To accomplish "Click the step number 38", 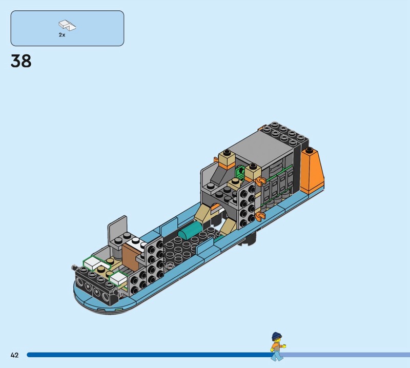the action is click(21, 61).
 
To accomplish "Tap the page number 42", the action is click(15, 355).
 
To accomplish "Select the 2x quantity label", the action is click(62, 35).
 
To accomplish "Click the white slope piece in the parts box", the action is click(67, 25).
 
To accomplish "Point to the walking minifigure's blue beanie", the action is click(277, 335).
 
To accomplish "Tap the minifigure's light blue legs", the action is click(276, 356).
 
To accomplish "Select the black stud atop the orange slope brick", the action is click(310, 150).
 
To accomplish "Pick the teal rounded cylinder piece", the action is click(190, 230).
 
